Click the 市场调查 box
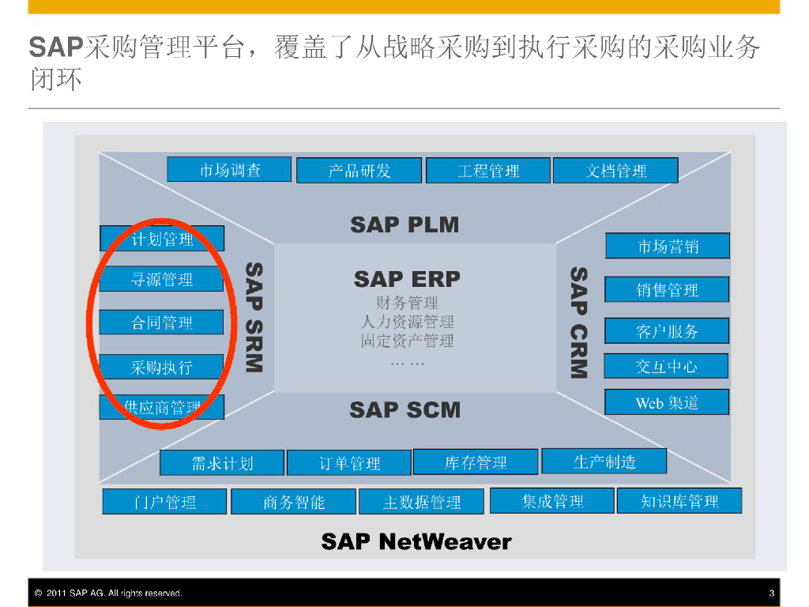click(229, 169)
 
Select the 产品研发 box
click(359, 171)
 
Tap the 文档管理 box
click(615, 171)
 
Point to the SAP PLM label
click(404, 224)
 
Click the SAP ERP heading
click(407, 279)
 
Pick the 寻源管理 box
click(161, 280)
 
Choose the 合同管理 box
click(161, 322)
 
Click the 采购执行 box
click(161, 367)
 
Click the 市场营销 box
click(668, 246)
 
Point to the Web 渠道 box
click(667, 402)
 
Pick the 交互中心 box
click(667, 367)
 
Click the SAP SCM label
click(404, 409)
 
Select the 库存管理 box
click(476, 462)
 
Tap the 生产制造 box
click(604, 462)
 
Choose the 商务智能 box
click(293, 502)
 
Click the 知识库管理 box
click(679, 501)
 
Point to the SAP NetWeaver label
click(416, 542)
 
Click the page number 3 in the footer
click(771, 593)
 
